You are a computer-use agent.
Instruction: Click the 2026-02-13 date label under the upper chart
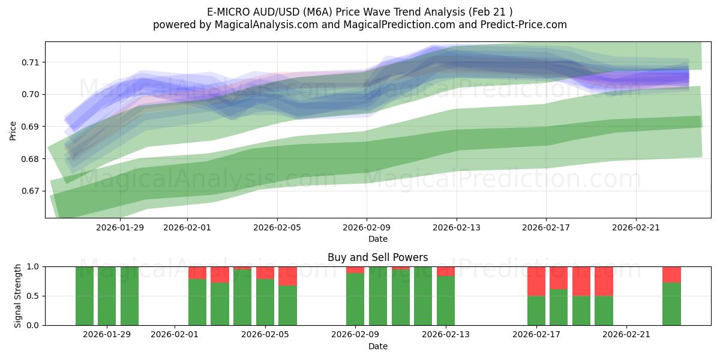tap(456, 227)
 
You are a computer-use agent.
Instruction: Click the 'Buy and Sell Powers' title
tap(377, 257)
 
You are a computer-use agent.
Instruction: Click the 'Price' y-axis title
tap(13, 131)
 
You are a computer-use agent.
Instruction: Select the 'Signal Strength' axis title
tap(18, 296)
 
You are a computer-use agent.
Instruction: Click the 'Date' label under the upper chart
tap(377, 239)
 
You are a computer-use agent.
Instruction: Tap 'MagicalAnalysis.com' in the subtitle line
tap(262, 25)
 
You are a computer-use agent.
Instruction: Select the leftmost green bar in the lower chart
tap(85, 296)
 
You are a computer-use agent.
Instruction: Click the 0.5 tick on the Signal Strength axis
tap(34, 296)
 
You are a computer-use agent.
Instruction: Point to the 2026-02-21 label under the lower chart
tap(626, 335)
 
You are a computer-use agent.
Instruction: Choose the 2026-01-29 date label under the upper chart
tap(120, 227)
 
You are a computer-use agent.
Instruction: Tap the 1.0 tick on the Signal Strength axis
tap(34, 266)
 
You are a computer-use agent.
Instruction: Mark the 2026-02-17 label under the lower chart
tap(536, 335)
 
